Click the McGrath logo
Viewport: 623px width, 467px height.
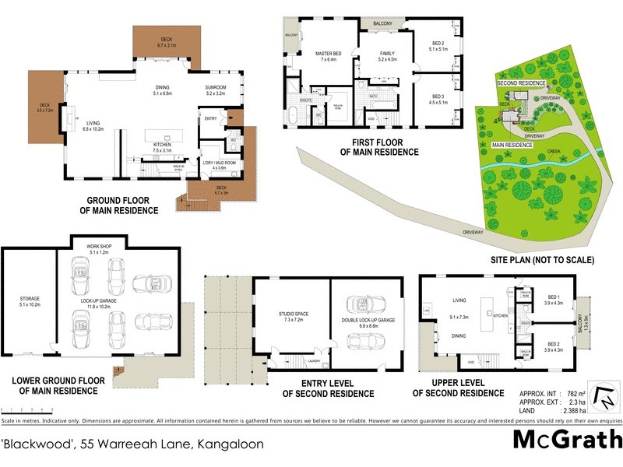point(566,440)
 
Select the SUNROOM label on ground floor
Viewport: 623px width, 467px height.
point(215,90)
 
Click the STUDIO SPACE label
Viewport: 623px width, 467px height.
point(294,314)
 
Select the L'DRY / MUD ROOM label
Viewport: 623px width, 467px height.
point(213,165)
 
